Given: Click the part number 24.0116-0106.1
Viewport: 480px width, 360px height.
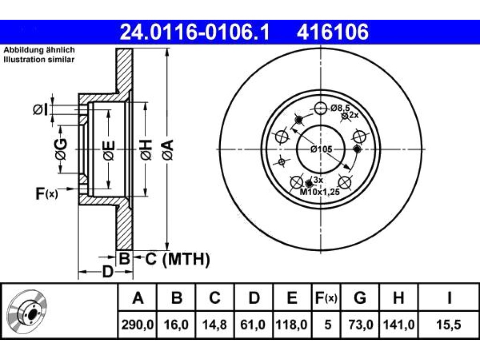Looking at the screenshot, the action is pyautogui.click(x=195, y=32).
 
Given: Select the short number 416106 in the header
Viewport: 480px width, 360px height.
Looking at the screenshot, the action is pyautogui.click(x=332, y=32).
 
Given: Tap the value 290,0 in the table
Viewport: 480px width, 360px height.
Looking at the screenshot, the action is pyautogui.click(x=137, y=324).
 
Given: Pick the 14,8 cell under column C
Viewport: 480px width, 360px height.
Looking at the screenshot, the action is pyautogui.click(x=214, y=324).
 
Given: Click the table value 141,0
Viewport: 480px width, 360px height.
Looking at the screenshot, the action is pyautogui.click(x=398, y=324).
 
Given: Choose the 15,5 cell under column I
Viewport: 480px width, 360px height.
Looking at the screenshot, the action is pyautogui.click(x=449, y=324).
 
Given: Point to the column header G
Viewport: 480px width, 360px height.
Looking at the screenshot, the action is pyautogui.click(x=360, y=298).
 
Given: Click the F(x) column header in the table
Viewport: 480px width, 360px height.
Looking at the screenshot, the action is pyautogui.click(x=326, y=298).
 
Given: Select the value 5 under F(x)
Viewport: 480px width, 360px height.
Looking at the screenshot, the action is pyautogui.click(x=328, y=324).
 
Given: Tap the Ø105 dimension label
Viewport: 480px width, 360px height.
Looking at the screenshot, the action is pyautogui.click(x=321, y=150).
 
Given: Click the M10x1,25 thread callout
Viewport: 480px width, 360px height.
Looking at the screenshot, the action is pyautogui.click(x=320, y=192).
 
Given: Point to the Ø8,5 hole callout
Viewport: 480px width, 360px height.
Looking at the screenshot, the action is pyautogui.click(x=340, y=108).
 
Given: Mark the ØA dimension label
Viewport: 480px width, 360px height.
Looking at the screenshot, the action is pyautogui.click(x=168, y=150).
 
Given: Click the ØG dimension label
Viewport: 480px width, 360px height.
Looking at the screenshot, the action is pyautogui.click(x=60, y=149).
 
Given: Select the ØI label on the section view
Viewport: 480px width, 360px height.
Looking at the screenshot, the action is pyautogui.click(x=41, y=110).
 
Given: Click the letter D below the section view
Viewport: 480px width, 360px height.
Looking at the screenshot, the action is pyautogui.click(x=107, y=271).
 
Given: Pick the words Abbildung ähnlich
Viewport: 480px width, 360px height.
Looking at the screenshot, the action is pyautogui.click(x=39, y=50).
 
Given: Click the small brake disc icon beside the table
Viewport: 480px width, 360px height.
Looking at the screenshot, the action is pyautogui.click(x=27, y=312).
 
